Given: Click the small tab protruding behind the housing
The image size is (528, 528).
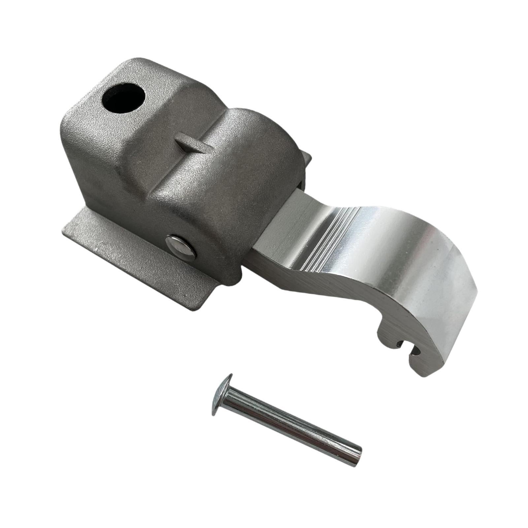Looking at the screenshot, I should (308, 162).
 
